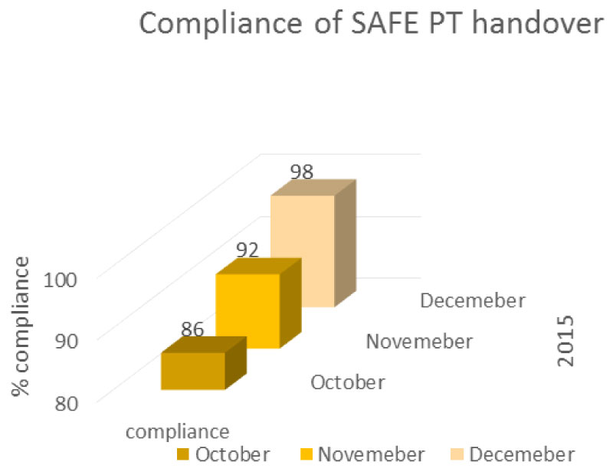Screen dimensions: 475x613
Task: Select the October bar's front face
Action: click(x=192, y=372)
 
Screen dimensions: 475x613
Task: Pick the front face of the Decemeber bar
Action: click(x=303, y=251)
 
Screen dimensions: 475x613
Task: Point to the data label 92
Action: click(x=246, y=250)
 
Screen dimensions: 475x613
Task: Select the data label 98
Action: click(x=301, y=171)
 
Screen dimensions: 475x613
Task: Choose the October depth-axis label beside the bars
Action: click(x=347, y=382)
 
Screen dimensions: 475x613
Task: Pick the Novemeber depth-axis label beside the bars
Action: click(x=418, y=341)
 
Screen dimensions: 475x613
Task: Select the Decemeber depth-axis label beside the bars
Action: click(x=473, y=300)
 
